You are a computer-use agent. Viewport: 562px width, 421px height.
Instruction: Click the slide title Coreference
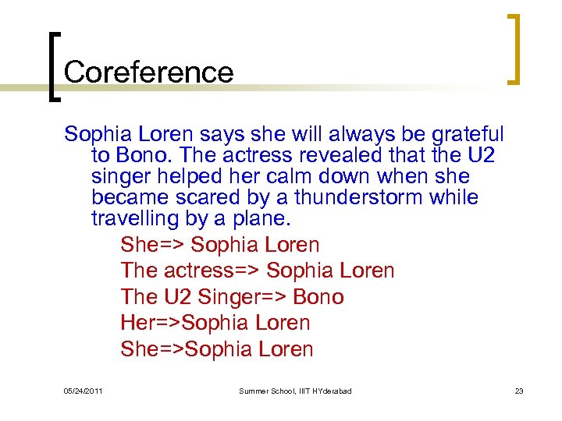pyautogui.click(x=148, y=72)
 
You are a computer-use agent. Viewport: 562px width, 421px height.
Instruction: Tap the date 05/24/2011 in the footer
pyautogui.click(x=84, y=391)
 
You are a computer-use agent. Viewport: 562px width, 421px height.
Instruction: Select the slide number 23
pyautogui.click(x=519, y=391)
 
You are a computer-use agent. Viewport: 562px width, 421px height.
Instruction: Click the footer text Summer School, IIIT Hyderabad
pyautogui.click(x=295, y=391)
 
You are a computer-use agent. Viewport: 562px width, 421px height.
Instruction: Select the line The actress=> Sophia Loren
pyautogui.click(x=258, y=271)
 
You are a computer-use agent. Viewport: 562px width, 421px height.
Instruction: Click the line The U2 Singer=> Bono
pyautogui.click(x=232, y=297)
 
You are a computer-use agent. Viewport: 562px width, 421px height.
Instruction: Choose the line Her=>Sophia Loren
pyautogui.click(x=215, y=323)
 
